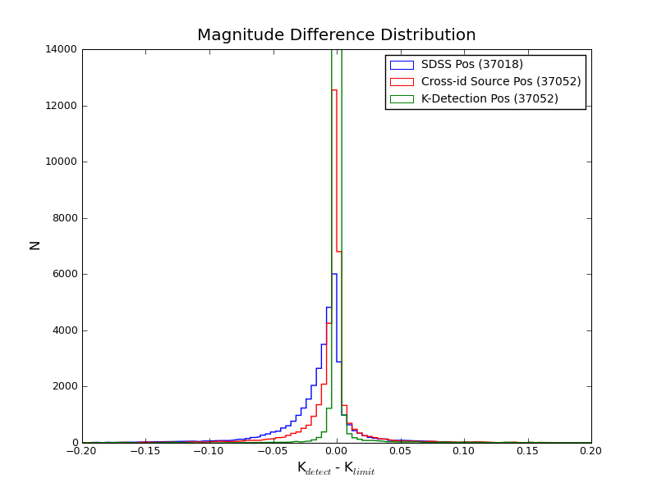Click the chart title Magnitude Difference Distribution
[x=336, y=35]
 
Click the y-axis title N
[x=35, y=245]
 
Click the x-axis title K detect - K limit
[x=336, y=469]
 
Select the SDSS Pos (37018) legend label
[x=471, y=64]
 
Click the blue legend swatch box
[x=402, y=64]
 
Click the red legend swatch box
[x=402, y=81]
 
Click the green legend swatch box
[x=402, y=98]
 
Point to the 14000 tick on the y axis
[x=63, y=49]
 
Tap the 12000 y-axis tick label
[x=63, y=106]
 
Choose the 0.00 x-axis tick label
[x=336, y=450]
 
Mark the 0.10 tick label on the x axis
[x=463, y=450]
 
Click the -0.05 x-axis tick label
[x=273, y=450]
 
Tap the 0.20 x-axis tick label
[x=590, y=450]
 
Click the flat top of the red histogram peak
[x=334, y=90]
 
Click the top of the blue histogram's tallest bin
[x=334, y=274]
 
